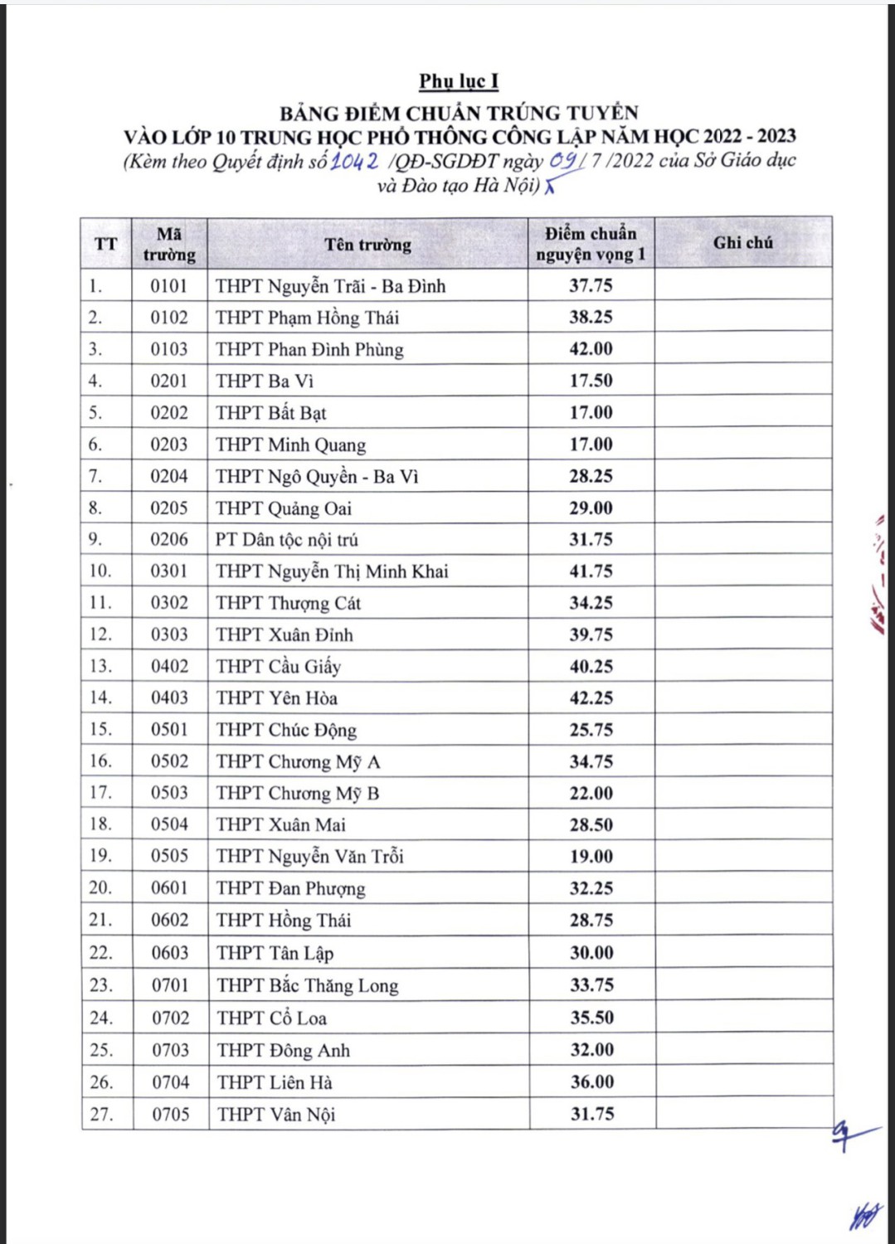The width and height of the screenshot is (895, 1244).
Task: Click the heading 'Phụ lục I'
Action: click(x=459, y=81)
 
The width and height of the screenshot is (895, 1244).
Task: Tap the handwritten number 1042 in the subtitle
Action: click(x=355, y=160)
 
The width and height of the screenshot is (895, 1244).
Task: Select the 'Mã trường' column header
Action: click(x=169, y=244)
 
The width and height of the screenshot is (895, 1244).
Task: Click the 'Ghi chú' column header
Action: click(x=743, y=243)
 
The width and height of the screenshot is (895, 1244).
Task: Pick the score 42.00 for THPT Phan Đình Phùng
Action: click(x=591, y=349)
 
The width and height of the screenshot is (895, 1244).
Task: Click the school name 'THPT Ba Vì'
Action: click(x=265, y=381)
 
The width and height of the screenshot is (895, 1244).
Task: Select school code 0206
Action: click(x=169, y=540)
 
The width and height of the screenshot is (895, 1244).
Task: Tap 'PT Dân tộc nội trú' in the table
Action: click(x=287, y=540)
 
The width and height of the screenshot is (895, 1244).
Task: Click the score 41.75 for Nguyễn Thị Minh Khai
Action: click(x=591, y=571)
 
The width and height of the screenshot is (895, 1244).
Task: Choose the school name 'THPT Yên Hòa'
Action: click(x=277, y=698)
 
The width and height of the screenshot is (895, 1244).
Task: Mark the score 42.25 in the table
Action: click(x=591, y=698)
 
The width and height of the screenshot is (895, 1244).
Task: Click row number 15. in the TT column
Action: click(x=100, y=730)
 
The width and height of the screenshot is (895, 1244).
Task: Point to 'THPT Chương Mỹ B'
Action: click(x=298, y=794)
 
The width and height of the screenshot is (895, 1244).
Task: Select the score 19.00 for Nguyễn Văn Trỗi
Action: click(x=591, y=857)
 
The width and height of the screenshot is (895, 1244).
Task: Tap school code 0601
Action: click(x=169, y=888)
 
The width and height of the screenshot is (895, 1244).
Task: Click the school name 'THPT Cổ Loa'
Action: click(x=272, y=1018)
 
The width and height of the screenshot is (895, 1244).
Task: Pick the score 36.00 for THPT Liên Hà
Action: click(x=592, y=1082)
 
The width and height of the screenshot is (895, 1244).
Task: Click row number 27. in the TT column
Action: click(x=101, y=1115)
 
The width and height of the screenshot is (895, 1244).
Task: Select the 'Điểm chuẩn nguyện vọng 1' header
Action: click(x=591, y=244)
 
